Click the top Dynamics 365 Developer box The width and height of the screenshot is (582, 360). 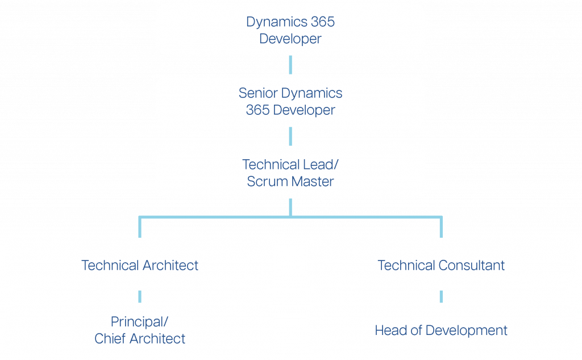point(290,30)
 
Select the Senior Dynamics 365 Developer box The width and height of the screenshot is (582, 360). point(290,101)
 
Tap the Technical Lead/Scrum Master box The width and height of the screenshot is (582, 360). point(290,172)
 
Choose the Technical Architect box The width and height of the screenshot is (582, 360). point(140,265)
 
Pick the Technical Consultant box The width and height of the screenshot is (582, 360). point(441,265)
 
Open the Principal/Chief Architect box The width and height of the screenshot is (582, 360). point(140,330)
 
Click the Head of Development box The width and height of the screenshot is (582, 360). point(441,330)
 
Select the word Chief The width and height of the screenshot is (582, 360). point(110,339)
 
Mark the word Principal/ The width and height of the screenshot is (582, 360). point(140,322)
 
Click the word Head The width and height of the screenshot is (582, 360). point(390,330)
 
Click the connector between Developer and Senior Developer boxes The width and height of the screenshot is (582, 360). point(290,65)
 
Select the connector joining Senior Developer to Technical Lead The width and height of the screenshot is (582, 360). point(290,136)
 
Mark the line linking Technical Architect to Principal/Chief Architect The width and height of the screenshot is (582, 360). point(140,297)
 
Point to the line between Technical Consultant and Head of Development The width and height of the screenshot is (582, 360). point(441,297)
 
